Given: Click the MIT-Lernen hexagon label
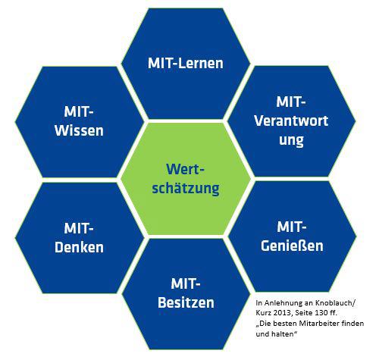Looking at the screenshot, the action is [186, 63].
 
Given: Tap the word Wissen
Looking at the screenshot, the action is [79, 130].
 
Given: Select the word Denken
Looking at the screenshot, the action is [79, 247].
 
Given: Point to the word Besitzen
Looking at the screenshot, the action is [186, 302].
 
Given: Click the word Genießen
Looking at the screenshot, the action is [292, 246].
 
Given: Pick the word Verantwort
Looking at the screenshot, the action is [291, 121].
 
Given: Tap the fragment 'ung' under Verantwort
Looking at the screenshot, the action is [291, 140].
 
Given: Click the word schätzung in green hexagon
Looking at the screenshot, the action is [186, 189].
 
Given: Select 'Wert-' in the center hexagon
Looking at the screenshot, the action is [185, 169].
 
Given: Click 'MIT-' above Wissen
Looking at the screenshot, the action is [79, 111].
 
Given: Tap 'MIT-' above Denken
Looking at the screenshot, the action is [79, 228].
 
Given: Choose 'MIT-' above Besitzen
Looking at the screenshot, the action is [186, 283].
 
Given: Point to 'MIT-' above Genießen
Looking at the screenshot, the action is [292, 227].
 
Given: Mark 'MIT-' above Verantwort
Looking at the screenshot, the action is [291, 102].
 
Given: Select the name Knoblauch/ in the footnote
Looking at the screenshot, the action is [335, 302].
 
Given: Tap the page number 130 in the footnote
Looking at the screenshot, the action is [321, 313].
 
